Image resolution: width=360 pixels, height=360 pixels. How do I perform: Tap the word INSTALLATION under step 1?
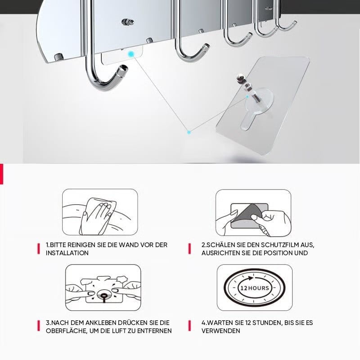coord(67,253)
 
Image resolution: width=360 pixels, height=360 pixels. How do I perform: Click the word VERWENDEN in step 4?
coord(221,331)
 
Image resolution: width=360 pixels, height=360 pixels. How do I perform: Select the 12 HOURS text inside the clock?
coord(254,288)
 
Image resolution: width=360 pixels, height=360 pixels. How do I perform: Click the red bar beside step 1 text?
coord(39,249)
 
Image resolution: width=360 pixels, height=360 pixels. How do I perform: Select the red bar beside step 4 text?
coord(189,326)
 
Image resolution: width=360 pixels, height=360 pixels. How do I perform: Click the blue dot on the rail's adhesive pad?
coord(131,54)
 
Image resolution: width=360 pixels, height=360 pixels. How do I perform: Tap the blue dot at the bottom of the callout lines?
coord(189,132)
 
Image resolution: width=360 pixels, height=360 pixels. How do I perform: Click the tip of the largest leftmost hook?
coord(124,68)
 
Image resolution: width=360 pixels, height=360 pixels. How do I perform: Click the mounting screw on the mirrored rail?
coord(128,22)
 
